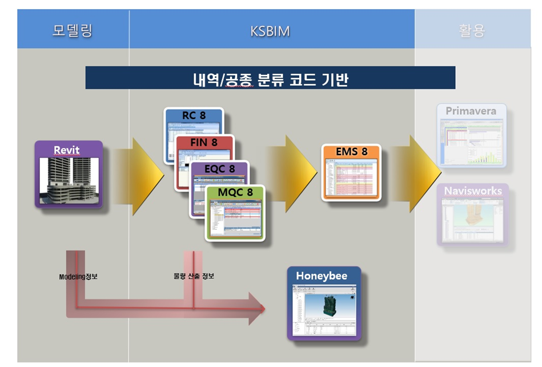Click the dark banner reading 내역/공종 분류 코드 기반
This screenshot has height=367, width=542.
270,78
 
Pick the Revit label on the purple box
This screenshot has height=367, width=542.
67,150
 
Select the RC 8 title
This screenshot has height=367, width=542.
194,115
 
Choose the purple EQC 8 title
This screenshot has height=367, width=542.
219,169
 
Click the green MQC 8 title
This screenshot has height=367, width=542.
235,193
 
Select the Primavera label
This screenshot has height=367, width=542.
471,111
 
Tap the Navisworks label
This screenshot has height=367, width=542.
473,191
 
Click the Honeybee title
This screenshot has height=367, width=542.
322,276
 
